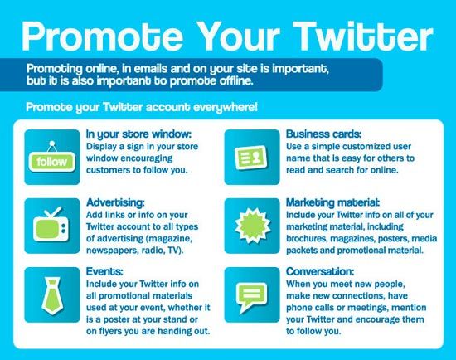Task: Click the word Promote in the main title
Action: coord(102,36)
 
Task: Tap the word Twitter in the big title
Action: coord(363,36)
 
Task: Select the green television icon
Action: coord(51,225)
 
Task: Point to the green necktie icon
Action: coord(52,295)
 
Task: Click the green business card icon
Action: coord(251,158)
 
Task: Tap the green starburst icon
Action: coord(252,226)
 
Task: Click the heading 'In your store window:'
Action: coord(138,134)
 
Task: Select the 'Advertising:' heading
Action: coord(115,202)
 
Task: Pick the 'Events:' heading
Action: coord(104,271)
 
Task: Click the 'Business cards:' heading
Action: coord(323,134)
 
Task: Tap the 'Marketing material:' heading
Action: coord(332,202)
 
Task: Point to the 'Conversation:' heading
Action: coord(320,271)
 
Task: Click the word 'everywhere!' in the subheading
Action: coord(226,107)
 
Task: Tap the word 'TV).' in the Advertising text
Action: coord(176,251)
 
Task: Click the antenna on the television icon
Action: coord(53,212)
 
